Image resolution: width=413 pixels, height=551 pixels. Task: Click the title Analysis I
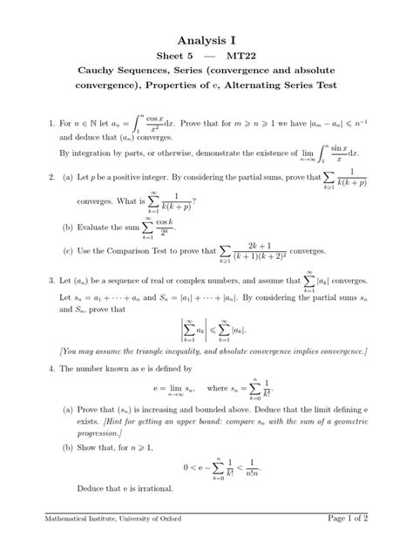point(206,40)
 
